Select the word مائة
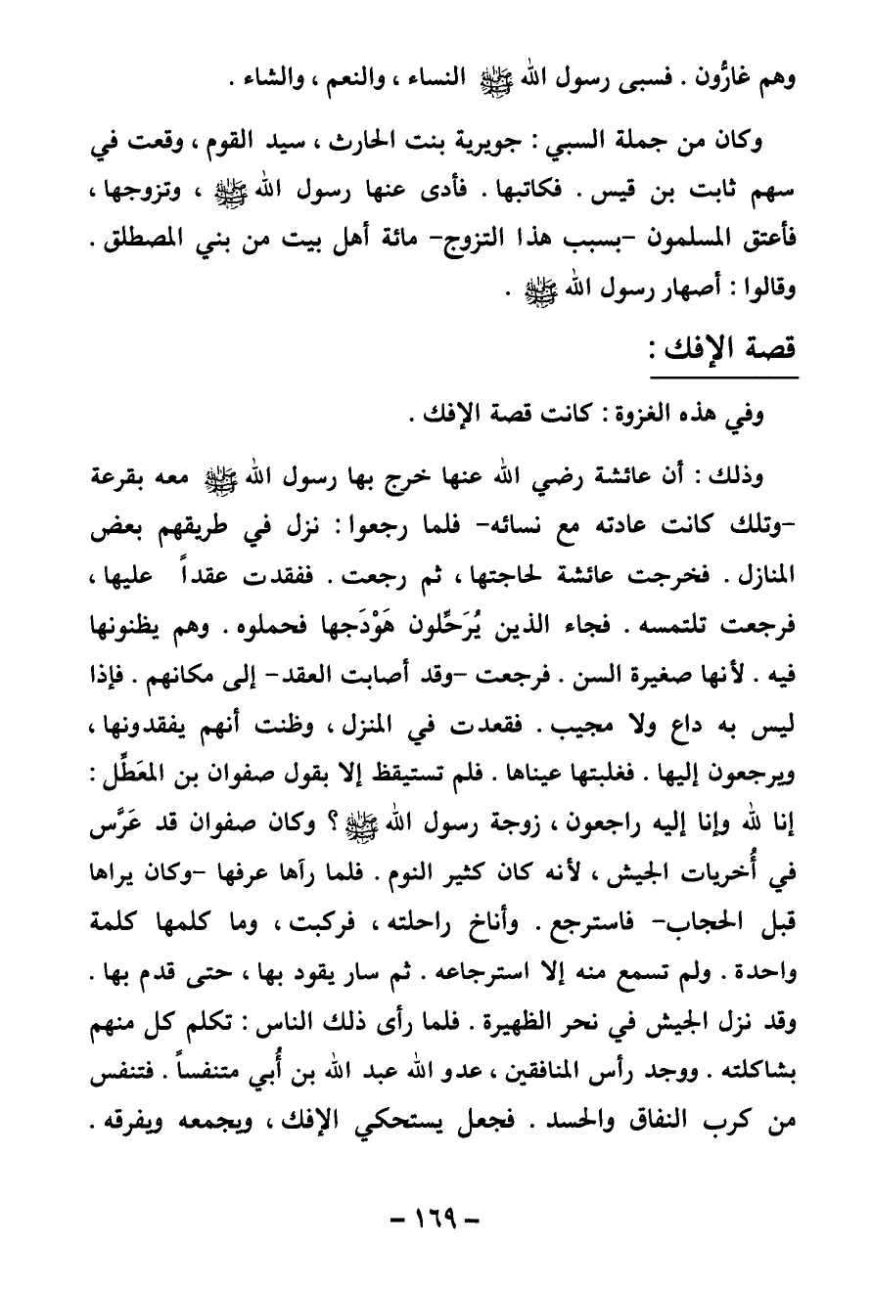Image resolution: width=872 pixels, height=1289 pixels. click(x=388, y=238)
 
